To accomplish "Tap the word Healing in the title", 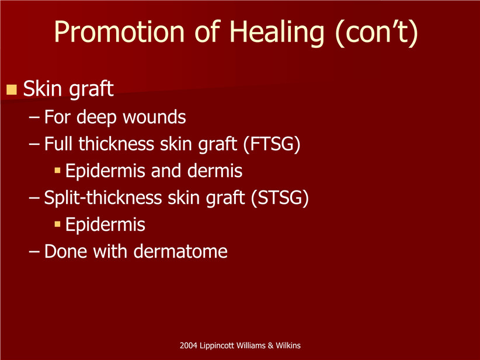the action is pos(277,33).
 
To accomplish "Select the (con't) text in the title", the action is pos(376,33).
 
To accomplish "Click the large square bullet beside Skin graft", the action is pos(11,89).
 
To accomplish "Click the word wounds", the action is pos(154,117).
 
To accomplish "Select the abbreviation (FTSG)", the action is pos(272,144).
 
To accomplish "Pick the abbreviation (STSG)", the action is pos(280,198).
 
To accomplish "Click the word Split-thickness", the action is pos(103,198).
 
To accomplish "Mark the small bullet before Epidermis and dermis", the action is pos(58,170).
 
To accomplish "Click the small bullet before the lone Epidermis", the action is pos(58,224).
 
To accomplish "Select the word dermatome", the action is pos(180,251).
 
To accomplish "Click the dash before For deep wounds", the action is pos(34,117).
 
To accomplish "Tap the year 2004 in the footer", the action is pos(189,345).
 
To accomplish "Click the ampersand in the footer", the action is pos(270,345).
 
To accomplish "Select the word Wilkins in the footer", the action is pos(288,345).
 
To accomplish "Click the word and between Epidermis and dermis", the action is pos(166,171).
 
